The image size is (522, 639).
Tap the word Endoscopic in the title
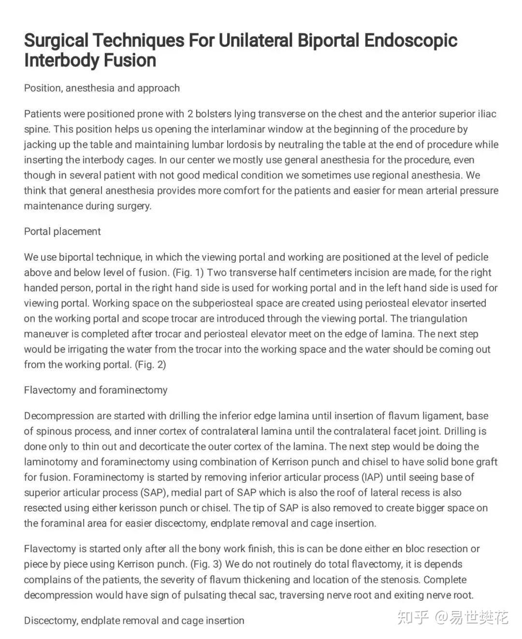pyautogui.click(x=410, y=40)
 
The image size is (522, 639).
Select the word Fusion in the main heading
pyautogui.click(x=130, y=60)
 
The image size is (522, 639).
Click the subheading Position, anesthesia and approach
pyautogui.click(x=101, y=88)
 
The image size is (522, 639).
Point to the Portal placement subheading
pyautogui.click(x=62, y=231)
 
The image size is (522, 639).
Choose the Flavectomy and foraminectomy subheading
pyautogui.click(x=96, y=390)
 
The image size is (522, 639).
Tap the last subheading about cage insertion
pyautogui.click(x=134, y=620)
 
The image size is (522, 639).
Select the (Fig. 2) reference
pyautogui.click(x=150, y=364)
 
